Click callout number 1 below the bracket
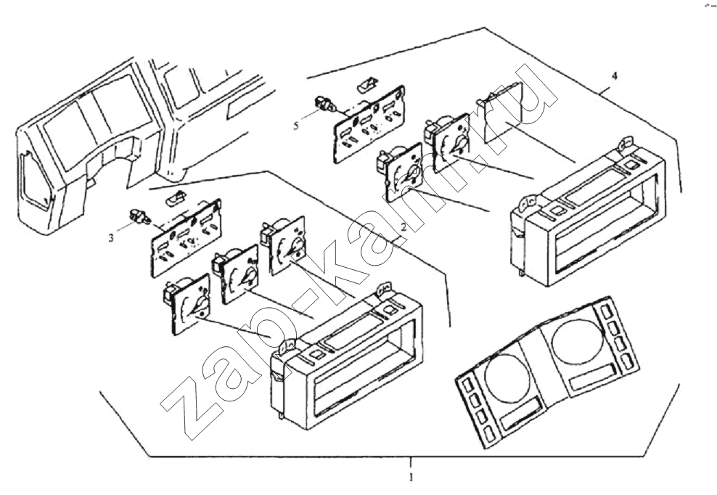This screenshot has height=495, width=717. pos(411,478)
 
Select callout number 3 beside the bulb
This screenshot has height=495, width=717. pos(111,237)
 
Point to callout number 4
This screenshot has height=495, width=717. pos(615,75)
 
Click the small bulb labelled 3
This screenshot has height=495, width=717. pos(136,216)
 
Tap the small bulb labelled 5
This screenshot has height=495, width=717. pos(324,107)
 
